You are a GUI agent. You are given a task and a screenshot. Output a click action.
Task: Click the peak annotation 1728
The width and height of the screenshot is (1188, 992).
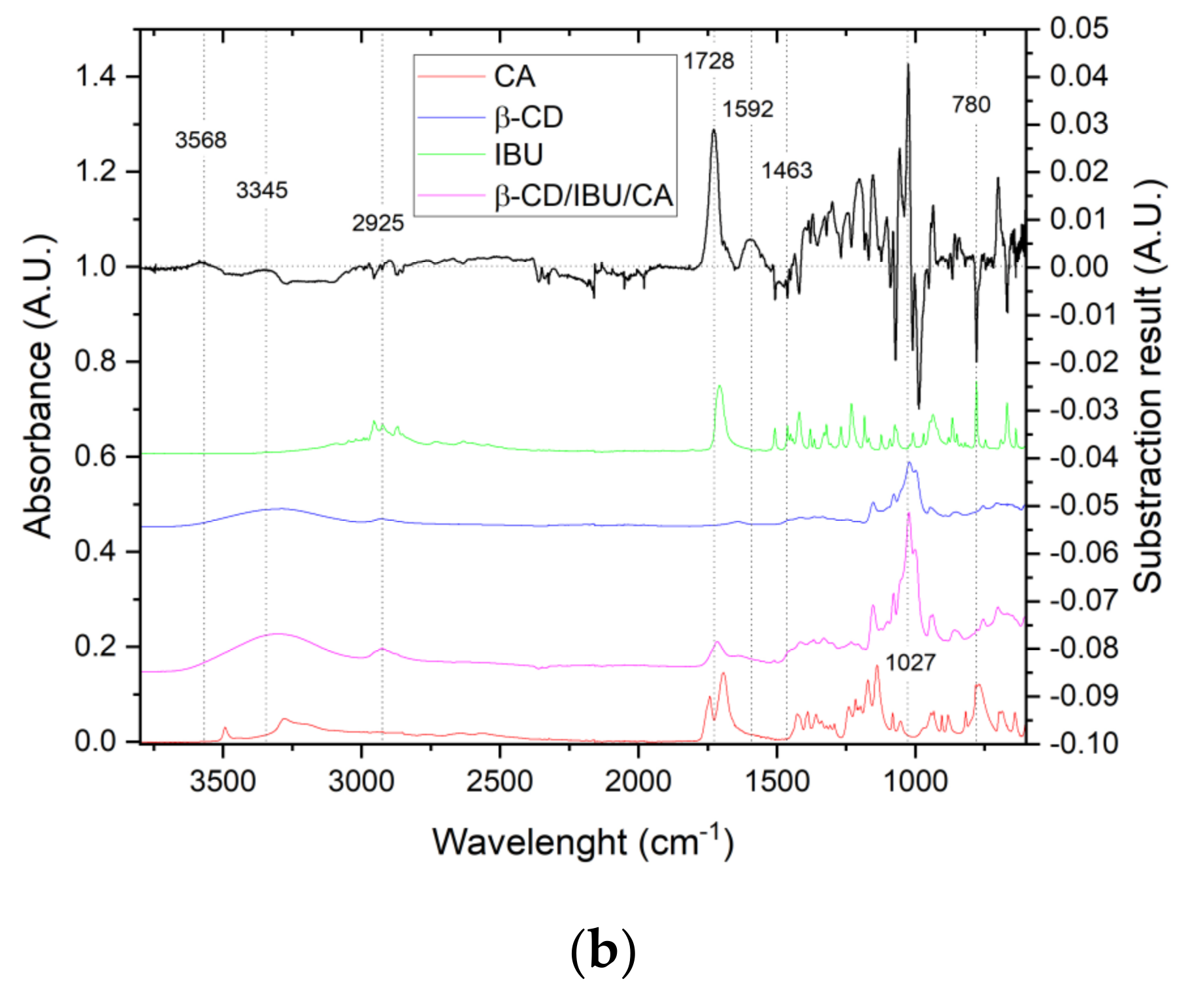tap(709, 61)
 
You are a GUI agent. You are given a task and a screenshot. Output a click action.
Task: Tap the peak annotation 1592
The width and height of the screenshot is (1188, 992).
tap(748, 109)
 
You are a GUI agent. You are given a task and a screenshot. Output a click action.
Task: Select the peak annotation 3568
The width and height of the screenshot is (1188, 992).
tap(201, 140)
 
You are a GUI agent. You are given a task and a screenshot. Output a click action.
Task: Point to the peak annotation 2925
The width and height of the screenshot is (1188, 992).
tap(378, 223)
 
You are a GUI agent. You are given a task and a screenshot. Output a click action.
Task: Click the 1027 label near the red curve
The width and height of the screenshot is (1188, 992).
tap(910, 663)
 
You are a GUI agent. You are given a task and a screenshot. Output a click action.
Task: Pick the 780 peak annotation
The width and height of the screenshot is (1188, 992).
tap(971, 105)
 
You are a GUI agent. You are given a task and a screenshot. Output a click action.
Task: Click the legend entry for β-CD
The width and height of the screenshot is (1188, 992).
tap(528, 118)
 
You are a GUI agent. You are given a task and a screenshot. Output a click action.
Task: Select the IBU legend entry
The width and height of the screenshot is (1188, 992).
tap(518, 155)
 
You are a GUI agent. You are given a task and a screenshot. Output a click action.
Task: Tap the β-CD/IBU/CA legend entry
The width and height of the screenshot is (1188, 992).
tap(583, 195)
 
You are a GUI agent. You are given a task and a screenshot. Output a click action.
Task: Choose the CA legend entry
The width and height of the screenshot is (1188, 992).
tap(514, 76)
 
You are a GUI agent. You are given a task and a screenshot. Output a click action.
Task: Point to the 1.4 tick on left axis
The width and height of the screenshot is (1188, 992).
tap(95, 77)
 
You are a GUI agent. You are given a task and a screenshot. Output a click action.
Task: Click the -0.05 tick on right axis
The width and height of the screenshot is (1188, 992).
tap(1083, 505)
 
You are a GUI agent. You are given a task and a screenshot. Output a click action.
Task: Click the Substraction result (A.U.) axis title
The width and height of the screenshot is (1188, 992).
tap(1148, 386)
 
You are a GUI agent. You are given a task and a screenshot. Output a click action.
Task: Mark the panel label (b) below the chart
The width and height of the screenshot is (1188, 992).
tap(602, 951)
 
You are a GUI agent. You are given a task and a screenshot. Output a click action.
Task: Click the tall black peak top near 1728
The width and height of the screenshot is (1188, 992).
tap(714, 131)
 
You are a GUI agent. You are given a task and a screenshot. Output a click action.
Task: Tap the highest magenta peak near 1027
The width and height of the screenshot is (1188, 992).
tap(908, 514)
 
